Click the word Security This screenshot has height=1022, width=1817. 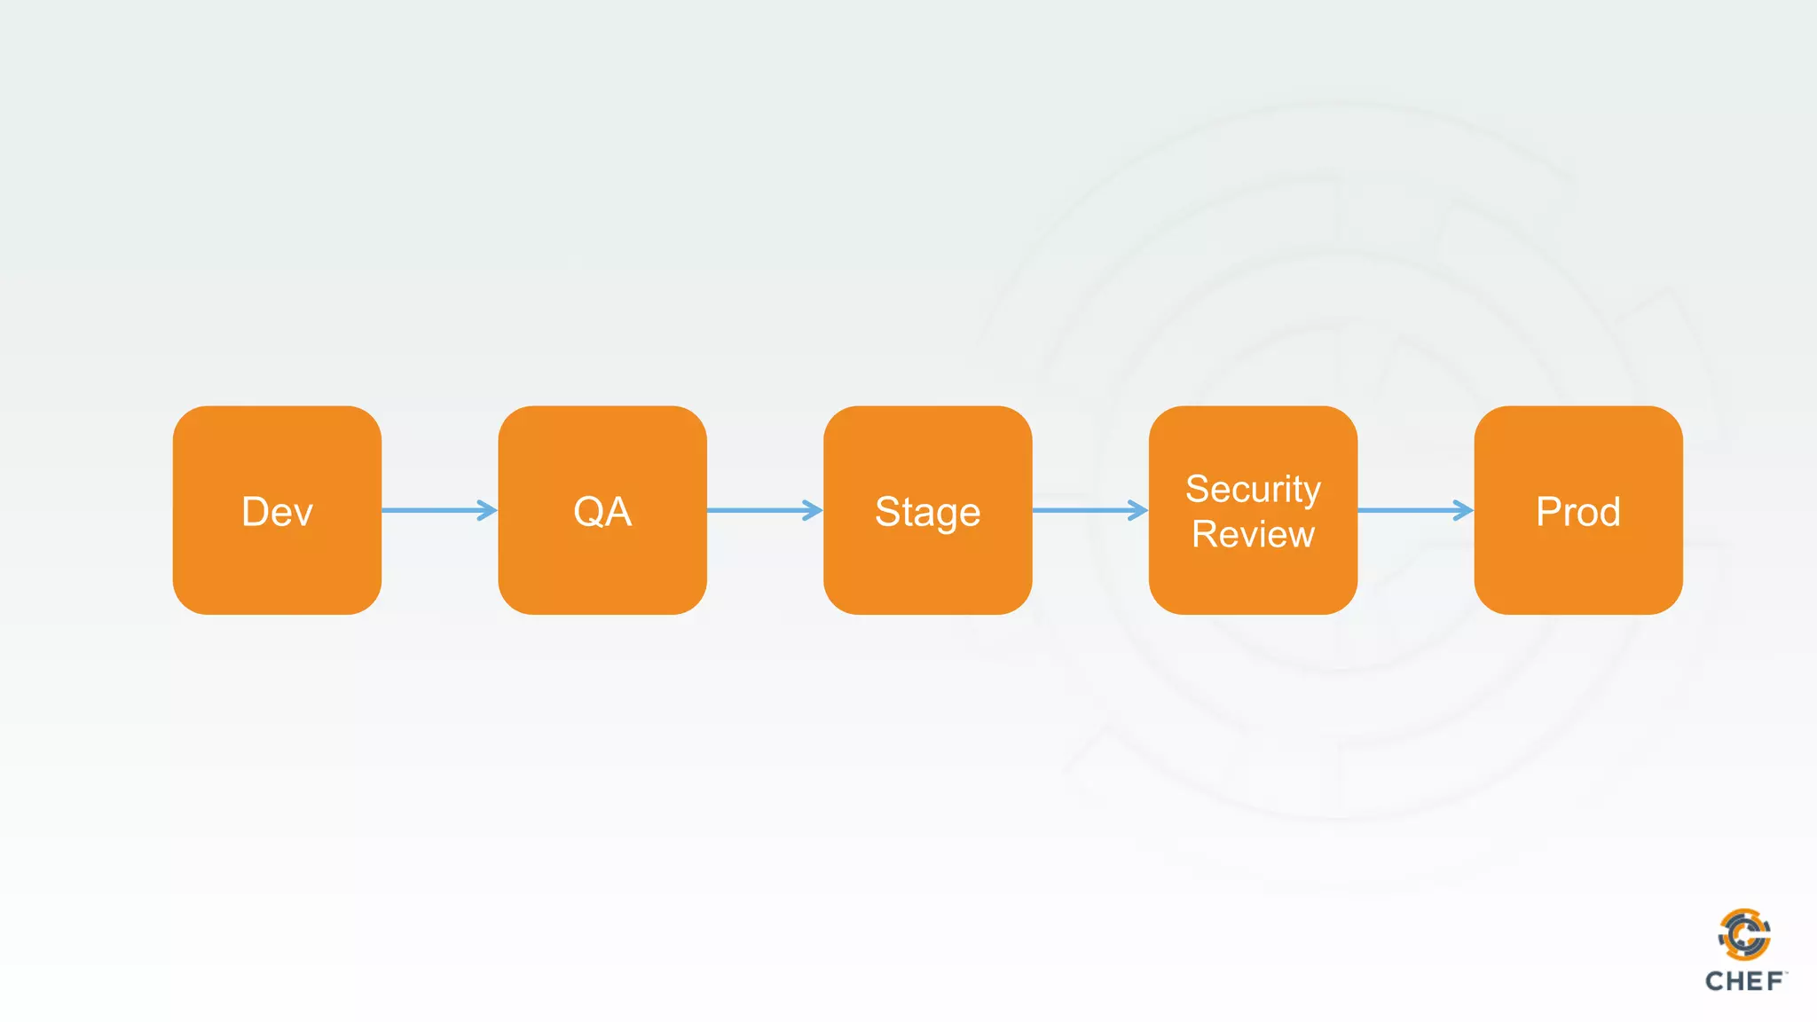point(1253,490)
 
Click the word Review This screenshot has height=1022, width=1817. point(1253,535)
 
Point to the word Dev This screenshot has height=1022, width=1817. point(277,512)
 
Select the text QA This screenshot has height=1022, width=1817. point(602,512)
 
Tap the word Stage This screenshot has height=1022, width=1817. point(927,513)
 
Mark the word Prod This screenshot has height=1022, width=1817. point(1577,512)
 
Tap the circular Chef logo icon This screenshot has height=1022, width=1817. point(1744,934)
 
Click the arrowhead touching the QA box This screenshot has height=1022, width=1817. point(487,510)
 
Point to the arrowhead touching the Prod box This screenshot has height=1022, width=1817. point(1463,510)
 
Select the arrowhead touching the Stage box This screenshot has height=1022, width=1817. point(813,510)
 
